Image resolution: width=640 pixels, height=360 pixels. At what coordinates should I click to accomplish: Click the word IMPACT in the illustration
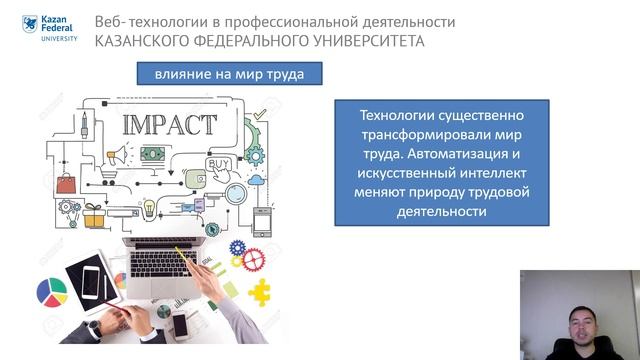pyautogui.click(x=169, y=125)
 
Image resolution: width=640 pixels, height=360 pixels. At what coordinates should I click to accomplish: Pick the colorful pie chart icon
pyautogui.click(x=51, y=293)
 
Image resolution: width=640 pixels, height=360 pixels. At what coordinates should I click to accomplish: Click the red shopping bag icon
pyautogui.click(x=66, y=183)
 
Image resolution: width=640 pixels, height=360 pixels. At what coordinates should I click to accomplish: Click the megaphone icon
pyautogui.click(x=120, y=155)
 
